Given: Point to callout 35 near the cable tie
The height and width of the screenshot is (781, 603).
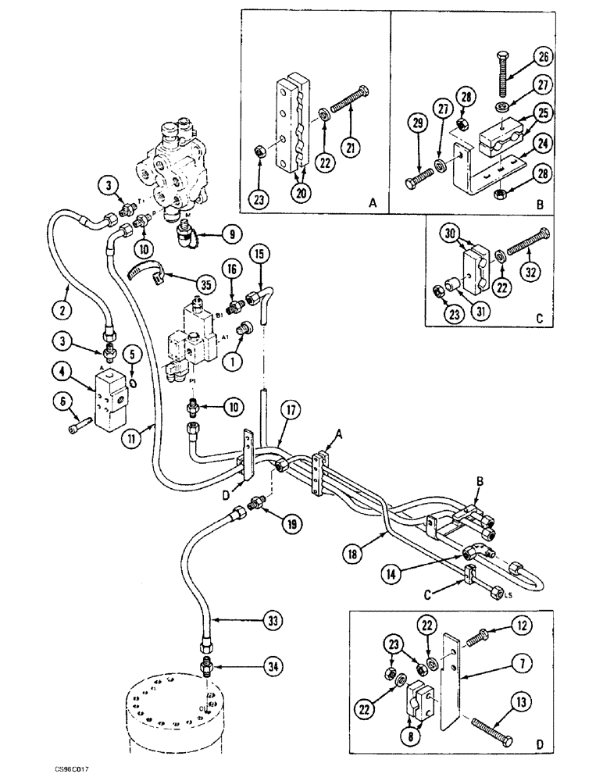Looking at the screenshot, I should coord(203,286).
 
